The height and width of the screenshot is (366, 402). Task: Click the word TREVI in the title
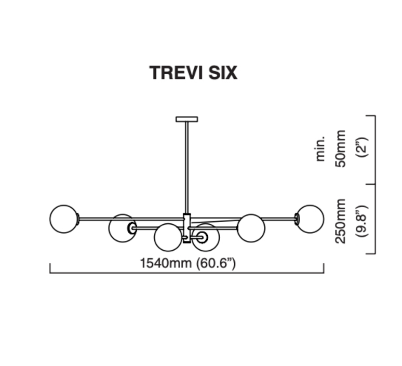point(176,73)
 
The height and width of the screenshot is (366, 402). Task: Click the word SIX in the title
point(223,73)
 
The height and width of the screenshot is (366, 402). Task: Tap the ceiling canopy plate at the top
point(186,119)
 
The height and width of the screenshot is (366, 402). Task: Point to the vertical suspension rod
point(186,168)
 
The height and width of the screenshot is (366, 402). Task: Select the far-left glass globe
point(64,219)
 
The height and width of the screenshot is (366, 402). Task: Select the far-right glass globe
point(310,219)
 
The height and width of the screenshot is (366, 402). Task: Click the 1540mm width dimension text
point(166,263)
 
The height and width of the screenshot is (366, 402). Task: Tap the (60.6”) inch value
point(216,263)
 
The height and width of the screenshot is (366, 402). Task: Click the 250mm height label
point(341,221)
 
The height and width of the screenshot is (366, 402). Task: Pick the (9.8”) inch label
point(362,221)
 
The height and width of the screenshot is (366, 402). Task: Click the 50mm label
point(341,148)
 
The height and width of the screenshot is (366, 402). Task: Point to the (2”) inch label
point(362,147)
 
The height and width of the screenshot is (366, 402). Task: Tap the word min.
point(320,148)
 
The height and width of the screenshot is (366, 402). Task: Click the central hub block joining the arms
point(187,228)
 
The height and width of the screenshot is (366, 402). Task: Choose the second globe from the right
point(251,228)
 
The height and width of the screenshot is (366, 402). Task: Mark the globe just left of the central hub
point(168,237)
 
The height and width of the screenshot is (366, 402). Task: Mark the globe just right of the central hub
point(206,237)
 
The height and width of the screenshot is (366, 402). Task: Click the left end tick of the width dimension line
point(50,268)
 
